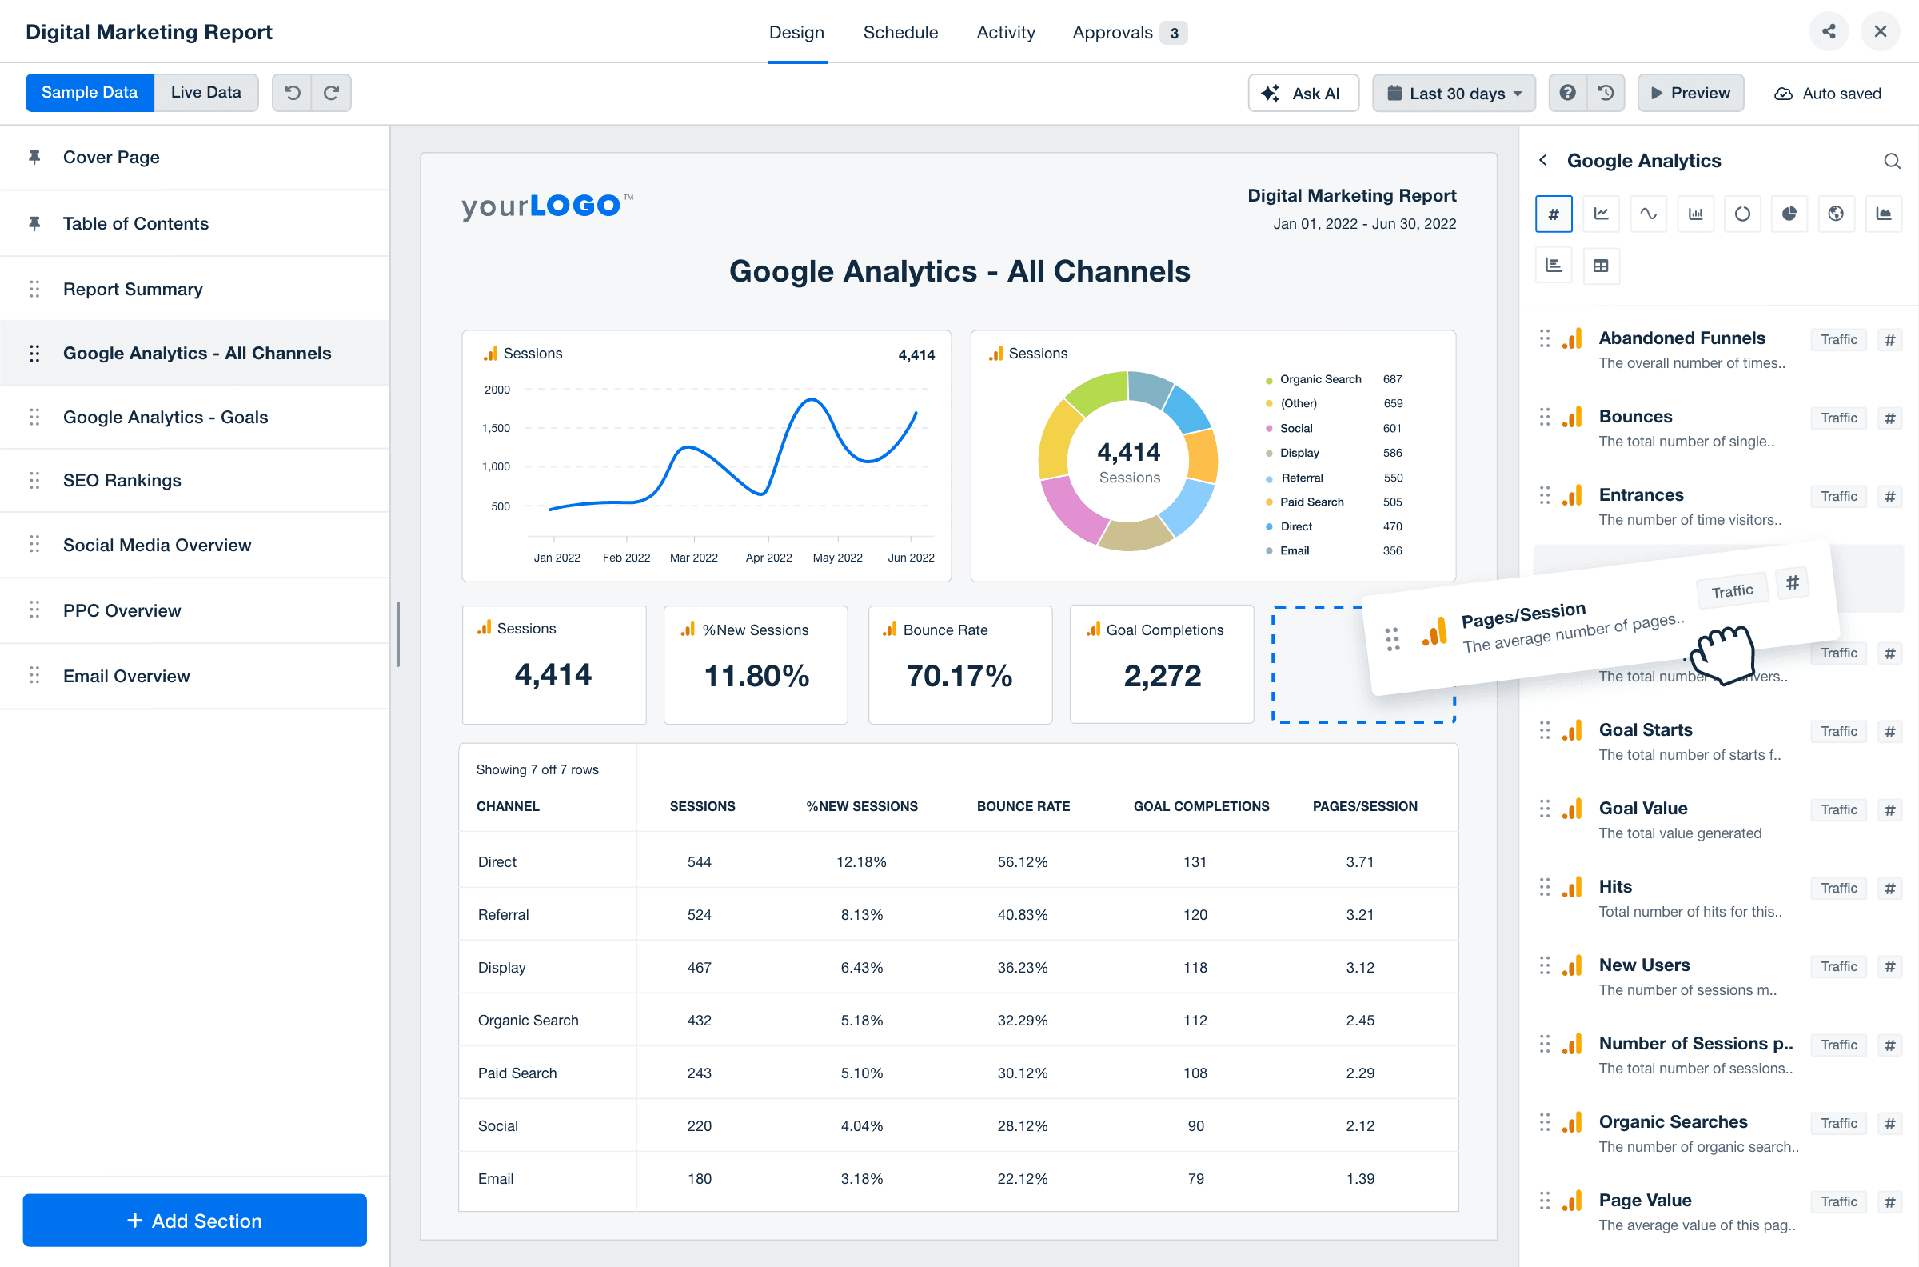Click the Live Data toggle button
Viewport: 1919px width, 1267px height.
pos(205,93)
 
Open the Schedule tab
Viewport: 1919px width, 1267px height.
pos(900,32)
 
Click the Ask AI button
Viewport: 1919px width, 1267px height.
pos(1303,93)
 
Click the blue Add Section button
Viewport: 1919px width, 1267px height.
pos(194,1220)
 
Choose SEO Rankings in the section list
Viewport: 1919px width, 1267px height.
pos(122,481)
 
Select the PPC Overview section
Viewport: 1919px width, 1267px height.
pos(122,611)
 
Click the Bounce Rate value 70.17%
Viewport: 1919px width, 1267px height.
pos(959,676)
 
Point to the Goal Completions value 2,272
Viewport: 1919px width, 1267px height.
pos(1162,676)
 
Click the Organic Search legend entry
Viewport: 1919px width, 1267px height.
pos(1320,379)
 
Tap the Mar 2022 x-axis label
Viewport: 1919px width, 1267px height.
pos(693,558)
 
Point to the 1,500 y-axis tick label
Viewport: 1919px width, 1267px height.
pos(496,428)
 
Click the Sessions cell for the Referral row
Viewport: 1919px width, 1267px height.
pos(699,915)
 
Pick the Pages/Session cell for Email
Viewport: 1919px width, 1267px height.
pos(1359,1179)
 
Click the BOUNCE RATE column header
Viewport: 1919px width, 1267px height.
pos(1023,806)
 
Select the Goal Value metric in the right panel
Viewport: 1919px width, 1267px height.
pos(1643,809)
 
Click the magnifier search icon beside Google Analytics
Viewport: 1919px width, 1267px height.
pos(1892,161)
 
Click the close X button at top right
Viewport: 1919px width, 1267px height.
pos(1881,31)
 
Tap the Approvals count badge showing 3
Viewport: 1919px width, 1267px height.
pos(1174,33)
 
